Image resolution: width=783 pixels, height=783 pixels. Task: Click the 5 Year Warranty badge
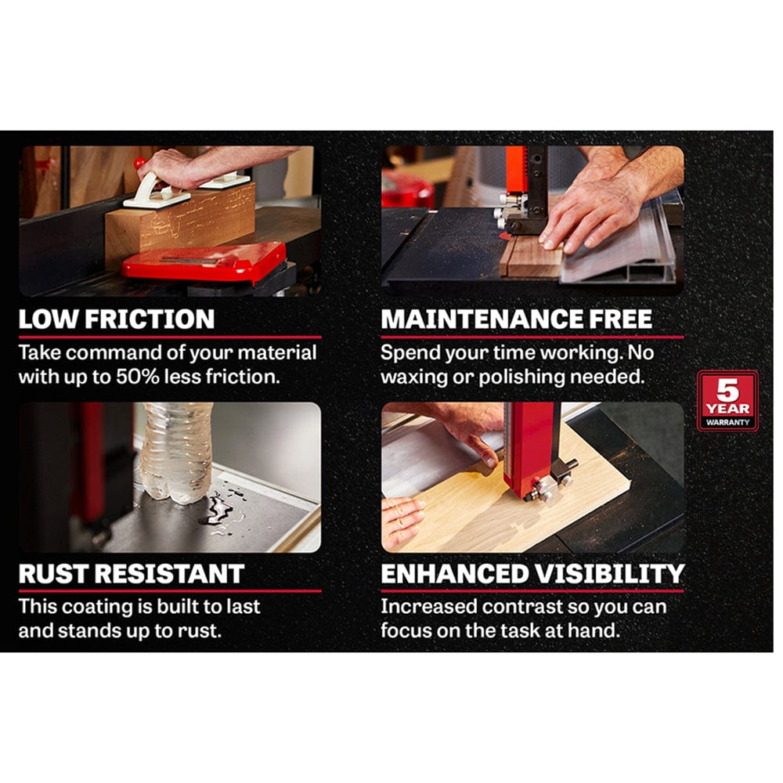pyautogui.click(x=727, y=401)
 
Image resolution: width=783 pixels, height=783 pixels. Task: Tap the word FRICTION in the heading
pyautogui.click(x=150, y=319)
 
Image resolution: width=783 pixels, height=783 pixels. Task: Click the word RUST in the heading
pyautogui.click(x=52, y=574)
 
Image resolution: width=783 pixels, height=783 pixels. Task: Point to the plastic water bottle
pyautogui.click(x=176, y=452)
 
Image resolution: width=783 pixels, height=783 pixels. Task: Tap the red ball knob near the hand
pyautogui.click(x=140, y=163)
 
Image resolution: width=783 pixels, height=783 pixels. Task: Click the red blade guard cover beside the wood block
pyautogui.click(x=204, y=261)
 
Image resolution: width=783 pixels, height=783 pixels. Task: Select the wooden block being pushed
pyautogui.click(x=180, y=225)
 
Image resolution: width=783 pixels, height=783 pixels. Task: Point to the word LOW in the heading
pyautogui.click(x=49, y=319)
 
